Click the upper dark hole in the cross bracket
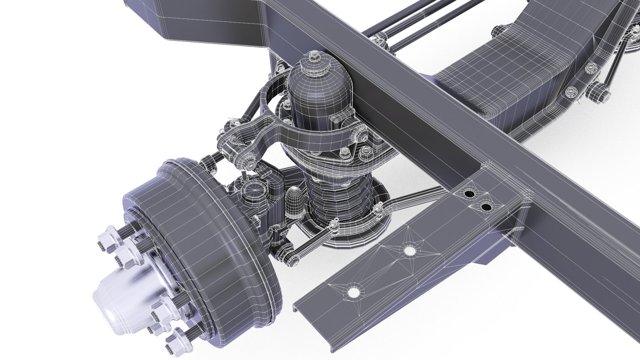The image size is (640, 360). (469, 194)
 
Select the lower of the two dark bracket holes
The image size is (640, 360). (487, 207)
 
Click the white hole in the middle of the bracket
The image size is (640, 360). (410, 250)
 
